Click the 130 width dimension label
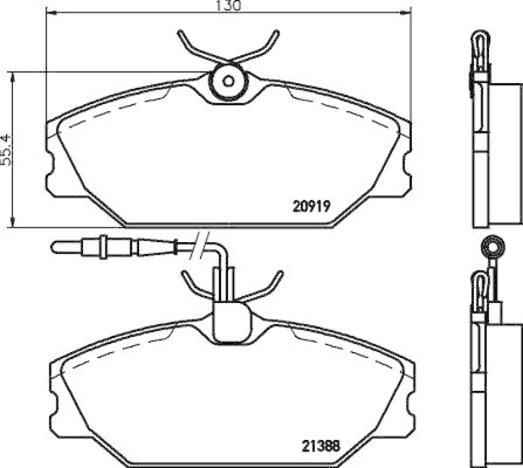pos(226,5)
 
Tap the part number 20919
pos(308,204)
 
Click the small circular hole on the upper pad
pos(228,82)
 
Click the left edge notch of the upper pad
pos(51,168)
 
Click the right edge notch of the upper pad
pos(407,168)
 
